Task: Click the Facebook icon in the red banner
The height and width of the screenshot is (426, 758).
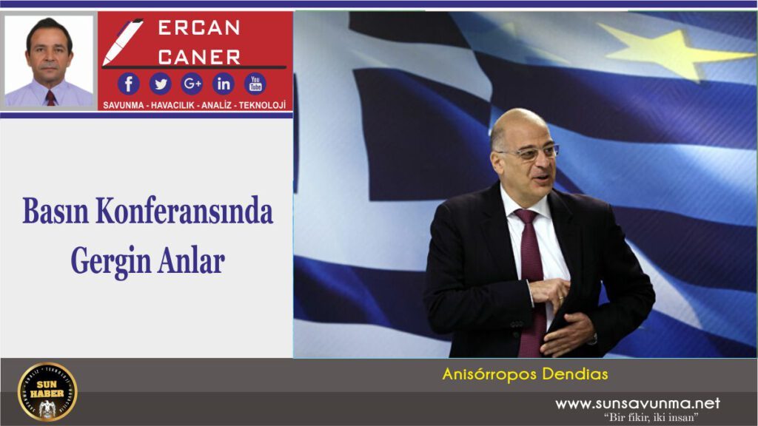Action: click(x=128, y=83)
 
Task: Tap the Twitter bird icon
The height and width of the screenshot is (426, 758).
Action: click(x=160, y=83)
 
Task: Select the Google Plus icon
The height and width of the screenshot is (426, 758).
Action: click(x=192, y=83)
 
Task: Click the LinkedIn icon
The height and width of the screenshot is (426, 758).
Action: click(x=224, y=83)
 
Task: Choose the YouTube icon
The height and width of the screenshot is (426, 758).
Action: click(x=255, y=83)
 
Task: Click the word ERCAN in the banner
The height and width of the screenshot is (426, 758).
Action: click(x=199, y=28)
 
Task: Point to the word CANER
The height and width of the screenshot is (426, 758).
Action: click(x=199, y=56)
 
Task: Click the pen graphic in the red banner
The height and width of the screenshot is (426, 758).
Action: click(x=121, y=41)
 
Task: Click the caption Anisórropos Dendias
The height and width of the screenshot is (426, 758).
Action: click(x=525, y=374)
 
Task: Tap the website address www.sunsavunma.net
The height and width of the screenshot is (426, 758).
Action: click(x=637, y=403)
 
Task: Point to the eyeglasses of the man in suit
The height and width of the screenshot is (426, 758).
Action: click(x=528, y=153)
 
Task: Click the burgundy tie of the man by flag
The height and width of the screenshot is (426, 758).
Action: click(x=531, y=274)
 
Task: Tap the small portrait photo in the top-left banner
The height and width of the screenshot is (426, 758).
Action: click(x=50, y=61)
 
